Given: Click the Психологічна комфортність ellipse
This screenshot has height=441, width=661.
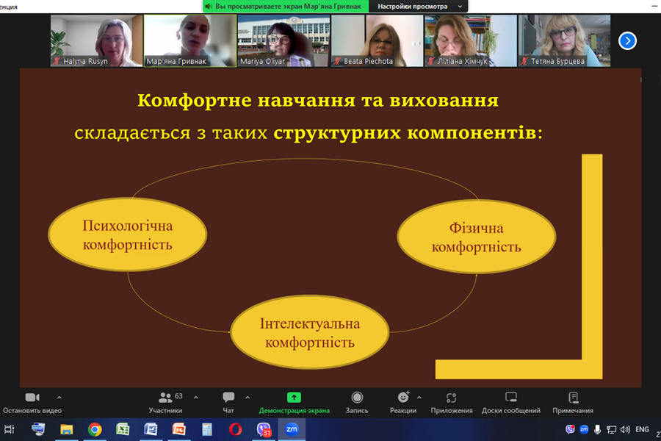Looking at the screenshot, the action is [127, 234].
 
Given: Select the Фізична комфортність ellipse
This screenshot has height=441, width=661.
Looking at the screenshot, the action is [477, 237].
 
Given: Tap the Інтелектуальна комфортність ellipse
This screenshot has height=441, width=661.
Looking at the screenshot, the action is [310, 332].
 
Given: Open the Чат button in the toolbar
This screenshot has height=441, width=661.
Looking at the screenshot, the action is [228, 402].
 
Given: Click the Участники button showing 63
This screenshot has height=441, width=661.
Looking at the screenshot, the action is [166, 402].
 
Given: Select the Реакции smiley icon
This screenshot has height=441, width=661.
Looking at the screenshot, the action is [403, 397].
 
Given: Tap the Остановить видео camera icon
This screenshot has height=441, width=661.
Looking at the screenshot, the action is [32, 398].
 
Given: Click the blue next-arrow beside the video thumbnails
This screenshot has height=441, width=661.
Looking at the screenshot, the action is [627, 41].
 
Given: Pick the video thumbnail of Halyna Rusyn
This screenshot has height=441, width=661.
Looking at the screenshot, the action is [96, 41].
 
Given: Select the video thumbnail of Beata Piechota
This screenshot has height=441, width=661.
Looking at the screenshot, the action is [378, 41].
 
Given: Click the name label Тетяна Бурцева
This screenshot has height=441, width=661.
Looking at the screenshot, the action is [557, 62].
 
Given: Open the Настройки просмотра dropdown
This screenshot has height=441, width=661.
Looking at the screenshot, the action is [419, 7].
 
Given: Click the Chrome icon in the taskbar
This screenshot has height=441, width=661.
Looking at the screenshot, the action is [95, 429].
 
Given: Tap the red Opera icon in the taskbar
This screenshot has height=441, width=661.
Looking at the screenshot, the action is [235, 429].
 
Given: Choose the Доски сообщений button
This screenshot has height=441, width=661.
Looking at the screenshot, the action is [511, 402].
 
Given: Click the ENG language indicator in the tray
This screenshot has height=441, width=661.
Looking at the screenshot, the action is [642, 429].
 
